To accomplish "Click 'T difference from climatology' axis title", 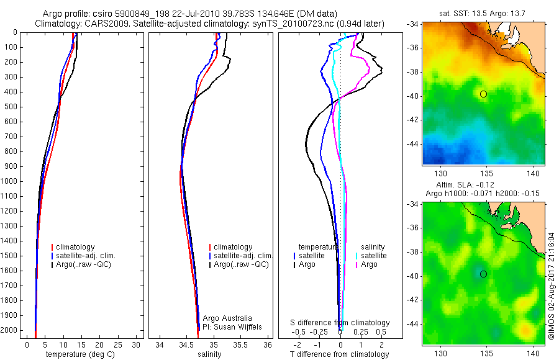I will pos(339,354).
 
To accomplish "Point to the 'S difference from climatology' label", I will pos(340,323).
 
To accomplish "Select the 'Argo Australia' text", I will pos(228,318).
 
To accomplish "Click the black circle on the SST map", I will pos(483,94).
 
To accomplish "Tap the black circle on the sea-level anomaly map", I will pos(483,274).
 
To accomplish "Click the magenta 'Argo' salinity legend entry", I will pos(369,264).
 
